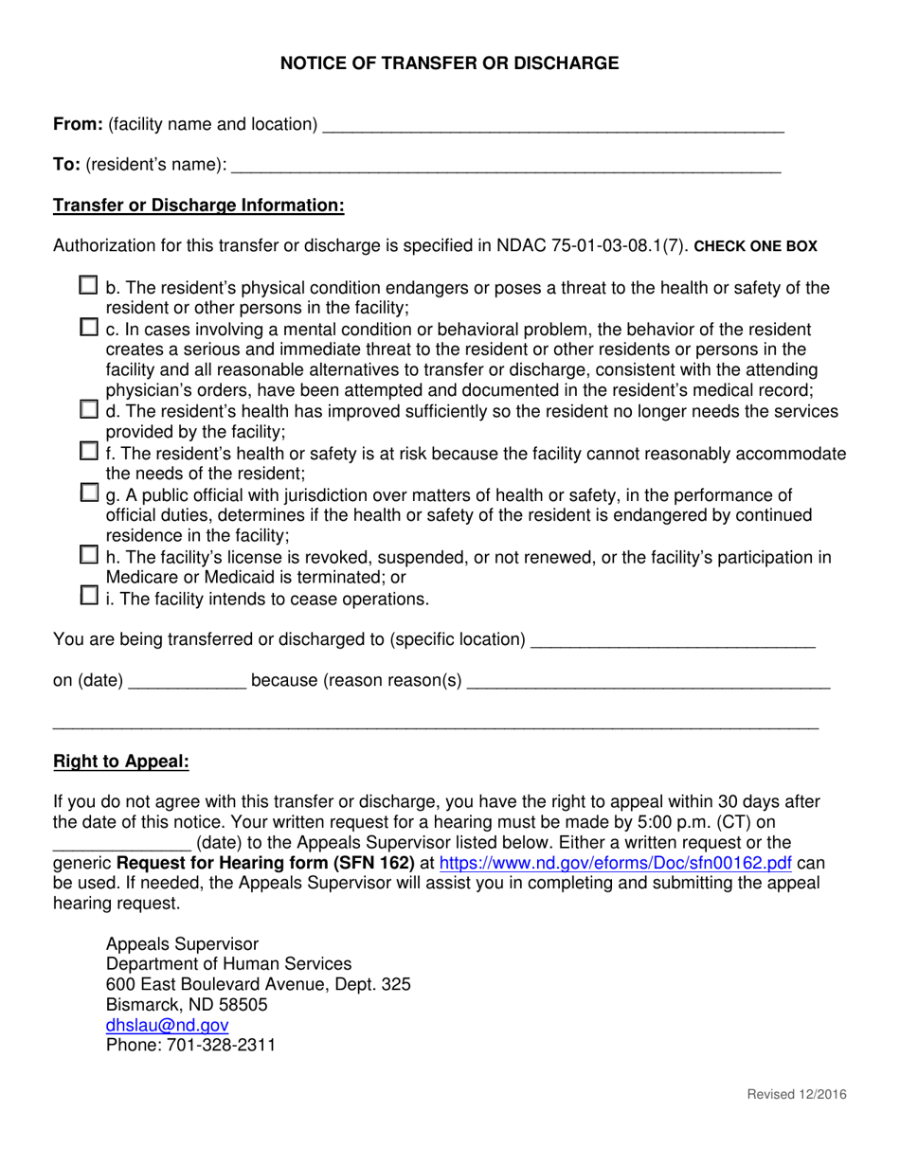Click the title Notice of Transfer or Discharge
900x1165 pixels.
(x=449, y=63)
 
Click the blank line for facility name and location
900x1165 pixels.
(x=553, y=125)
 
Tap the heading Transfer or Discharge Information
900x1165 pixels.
(x=198, y=206)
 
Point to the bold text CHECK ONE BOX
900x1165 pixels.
(x=755, y=246)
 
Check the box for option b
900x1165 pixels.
(x=88, y=285)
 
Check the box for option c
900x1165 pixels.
(x=88, y=328)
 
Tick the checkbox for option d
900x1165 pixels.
(x=88, y=410)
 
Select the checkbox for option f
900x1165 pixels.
(x=88, y=452)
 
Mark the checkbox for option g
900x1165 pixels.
(x=88, y=493)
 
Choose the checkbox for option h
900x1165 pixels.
(x=88, y=555)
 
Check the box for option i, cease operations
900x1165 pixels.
(x=88, y=597)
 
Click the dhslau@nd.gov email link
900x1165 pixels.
(x=167, y=1025)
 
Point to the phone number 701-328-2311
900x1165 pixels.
(x=221, y=1046)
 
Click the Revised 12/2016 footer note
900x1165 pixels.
(x=797, y=1095)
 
